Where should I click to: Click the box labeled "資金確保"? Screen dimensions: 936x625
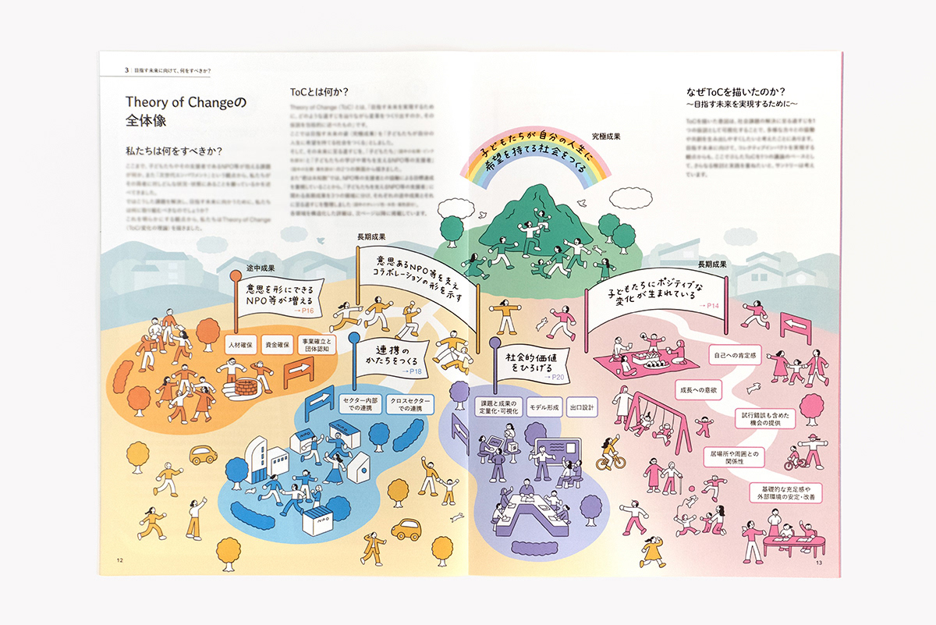coord(277,344)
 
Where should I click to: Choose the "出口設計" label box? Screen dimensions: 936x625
coord(582,408)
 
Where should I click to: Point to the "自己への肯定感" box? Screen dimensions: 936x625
coord(735,355)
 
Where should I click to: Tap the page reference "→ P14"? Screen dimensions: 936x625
coord(707,305)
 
